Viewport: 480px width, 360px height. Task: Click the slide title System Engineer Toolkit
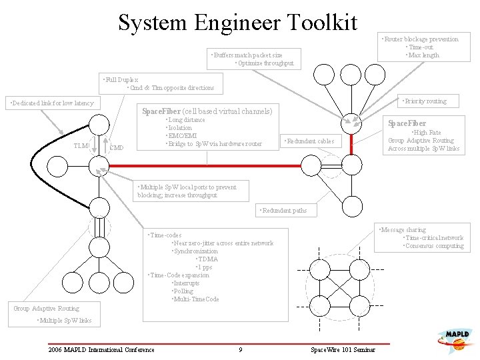click(238, 23)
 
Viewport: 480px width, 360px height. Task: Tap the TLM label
click(81, 145)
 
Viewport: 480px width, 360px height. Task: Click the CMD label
click(116, 147)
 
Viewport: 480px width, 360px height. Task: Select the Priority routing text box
click(424, 101)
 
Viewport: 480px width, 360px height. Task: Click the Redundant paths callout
click(283, 211)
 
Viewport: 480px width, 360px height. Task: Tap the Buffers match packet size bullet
click(246, 55)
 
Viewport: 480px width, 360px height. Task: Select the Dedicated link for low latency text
click(50, 103)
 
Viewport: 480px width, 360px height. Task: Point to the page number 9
click(240, 350)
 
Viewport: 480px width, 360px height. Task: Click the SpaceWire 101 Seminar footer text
click(343, 350)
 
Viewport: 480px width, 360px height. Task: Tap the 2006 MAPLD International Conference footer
click(101, 350)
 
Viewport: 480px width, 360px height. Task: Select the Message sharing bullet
click(403, 230)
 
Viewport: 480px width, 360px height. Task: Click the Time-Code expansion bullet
click(178, 275)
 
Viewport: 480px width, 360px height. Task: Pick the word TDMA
click(207, 259)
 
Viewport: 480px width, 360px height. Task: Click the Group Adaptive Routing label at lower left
click(46, 309)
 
